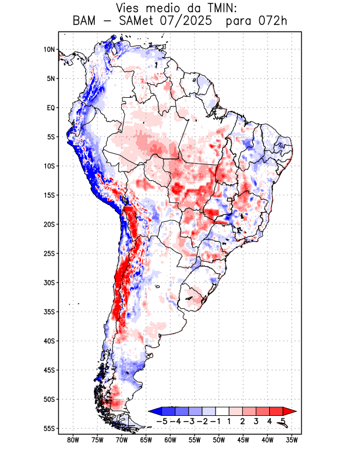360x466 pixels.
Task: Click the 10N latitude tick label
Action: click(x=49, y=50)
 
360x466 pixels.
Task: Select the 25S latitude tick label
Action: click(x=49, y=253)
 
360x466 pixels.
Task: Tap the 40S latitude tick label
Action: click(x=49, y=341)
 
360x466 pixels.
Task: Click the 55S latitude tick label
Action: click(x=49, y=428)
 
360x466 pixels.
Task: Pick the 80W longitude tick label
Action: click(x=73, y=440)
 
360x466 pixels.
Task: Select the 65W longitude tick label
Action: click(x=146, y=440)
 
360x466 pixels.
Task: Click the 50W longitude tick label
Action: click(x=219, y=440)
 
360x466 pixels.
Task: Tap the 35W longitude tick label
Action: click(x=292, y=440)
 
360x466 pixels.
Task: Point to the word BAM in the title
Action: click(x=84, y=22)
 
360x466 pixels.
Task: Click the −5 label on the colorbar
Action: click(x=163, y=421)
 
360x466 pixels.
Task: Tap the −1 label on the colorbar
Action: click(x=216, y=421)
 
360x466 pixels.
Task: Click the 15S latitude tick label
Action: click(x=49, y=195)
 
